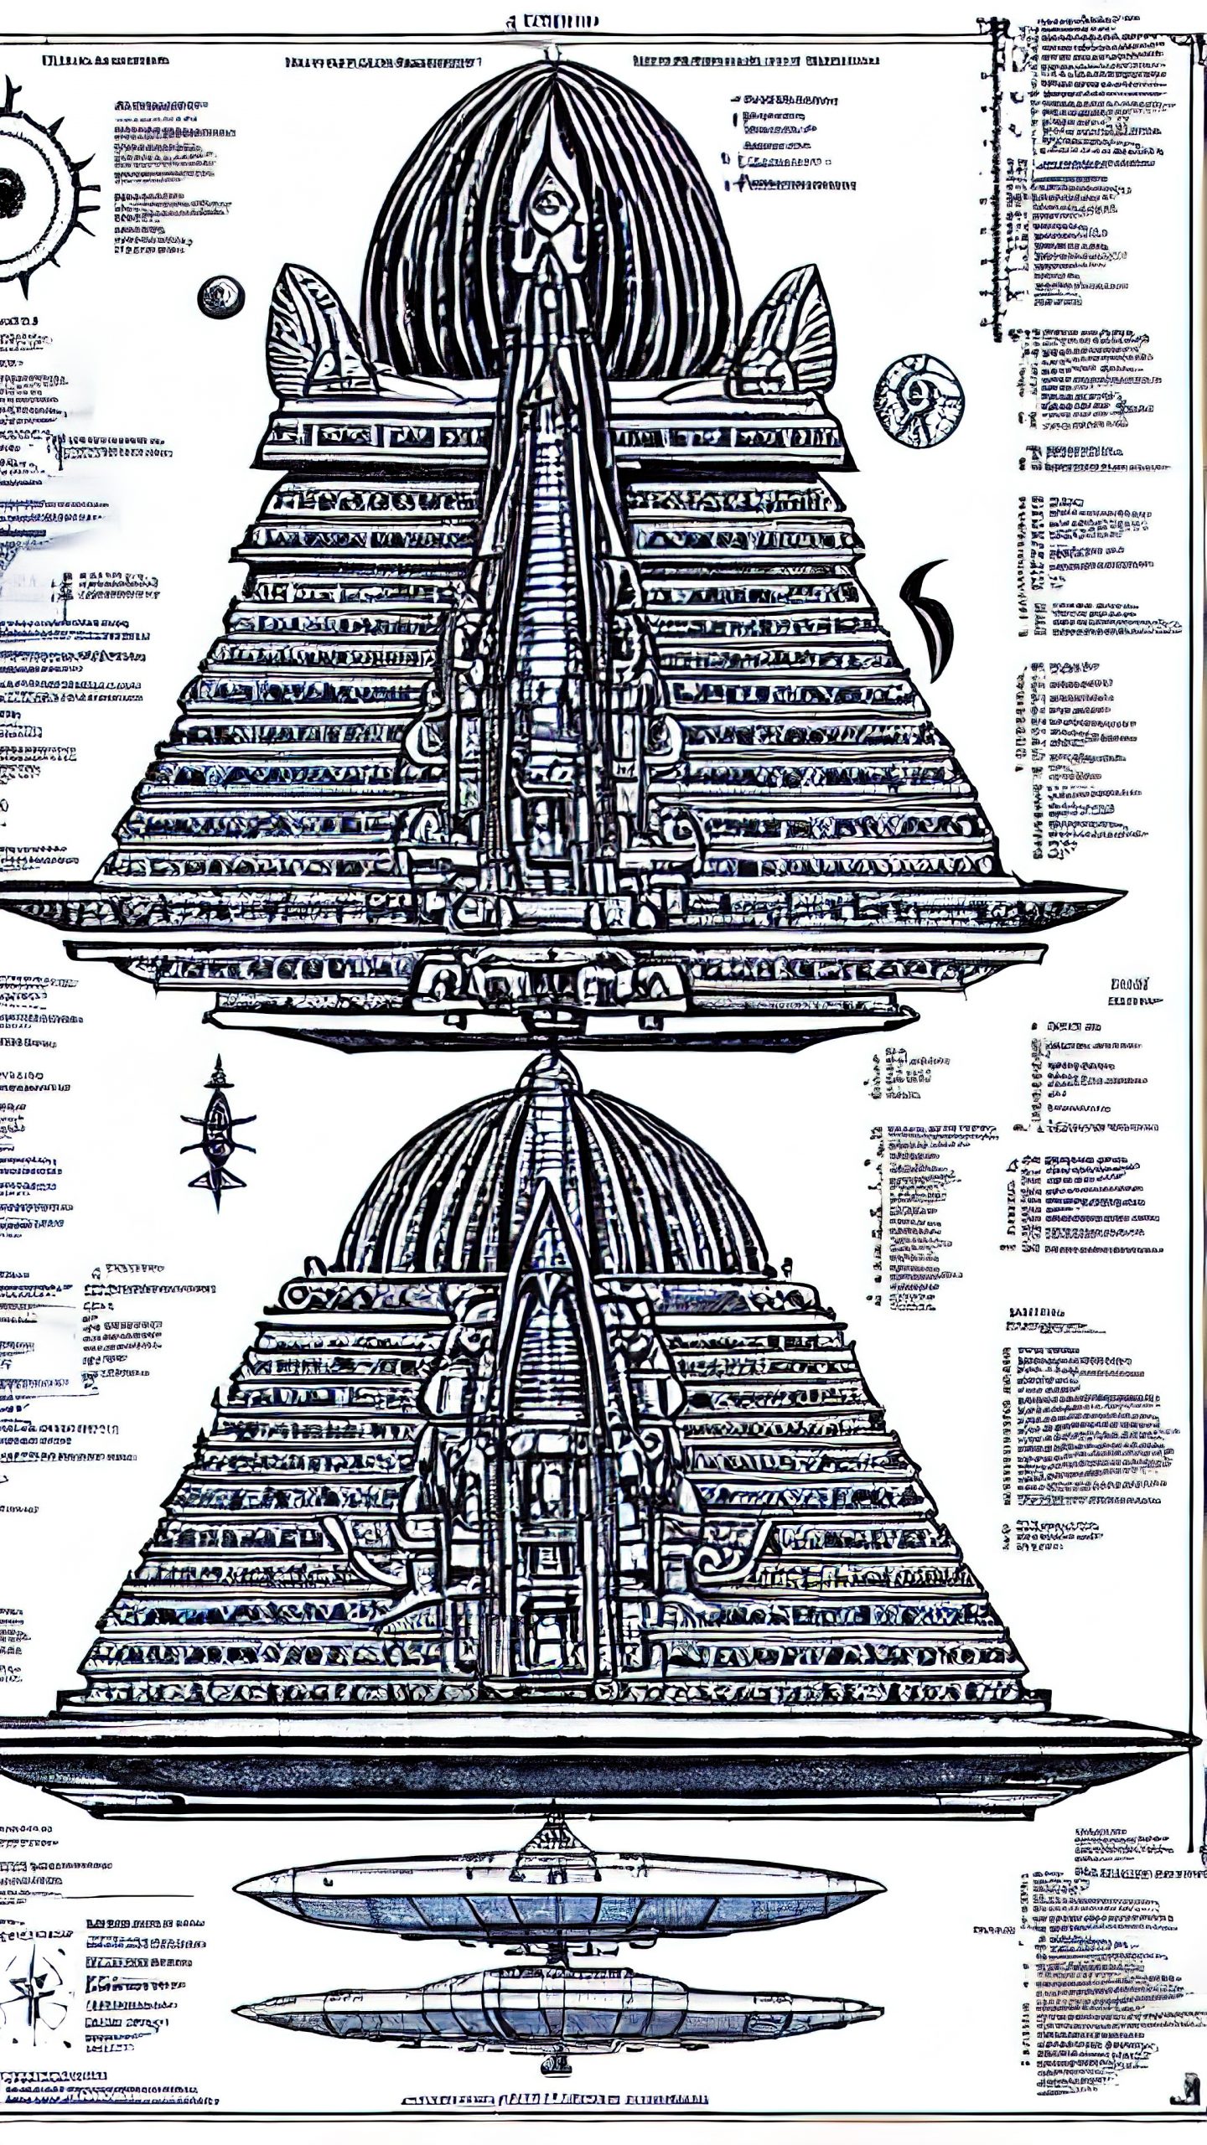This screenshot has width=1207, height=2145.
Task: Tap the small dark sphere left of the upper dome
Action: (x=221, y=297)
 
